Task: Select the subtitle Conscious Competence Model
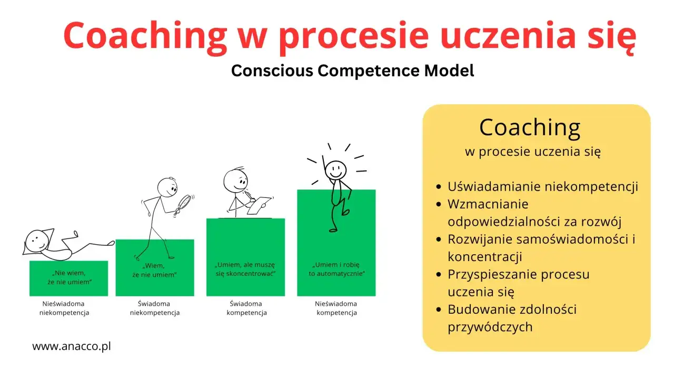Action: pos(352,71)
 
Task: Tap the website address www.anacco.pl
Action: pos(72,346)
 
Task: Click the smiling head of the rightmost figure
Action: pos(335,169)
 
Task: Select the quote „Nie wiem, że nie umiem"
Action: pos(69,278)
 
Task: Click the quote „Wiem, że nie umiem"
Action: pos(155,270)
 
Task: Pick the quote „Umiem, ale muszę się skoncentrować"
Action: pos(245,270)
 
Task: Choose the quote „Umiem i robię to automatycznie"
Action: pos(336,269)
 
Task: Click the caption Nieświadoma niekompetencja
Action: pos(64,308)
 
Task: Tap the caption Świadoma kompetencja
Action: pos(246,308)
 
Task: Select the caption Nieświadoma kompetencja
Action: pos(336,308)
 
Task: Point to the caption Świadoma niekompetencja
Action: pos(155,308)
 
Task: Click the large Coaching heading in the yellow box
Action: pos(530,127)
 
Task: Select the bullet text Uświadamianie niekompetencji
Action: pos(542,186)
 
